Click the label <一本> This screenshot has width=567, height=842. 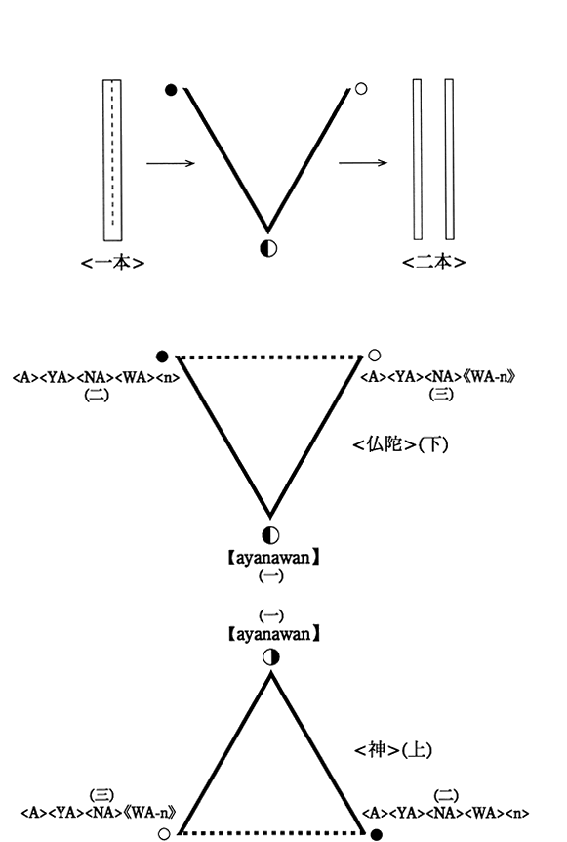112,262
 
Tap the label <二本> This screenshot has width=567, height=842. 433,262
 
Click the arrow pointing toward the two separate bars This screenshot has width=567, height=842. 363,162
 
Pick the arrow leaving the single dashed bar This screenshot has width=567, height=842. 171,163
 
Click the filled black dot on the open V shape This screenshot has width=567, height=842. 171,90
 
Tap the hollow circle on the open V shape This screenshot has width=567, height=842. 361,89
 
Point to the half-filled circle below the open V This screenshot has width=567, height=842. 268,248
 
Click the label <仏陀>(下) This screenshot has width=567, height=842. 400,444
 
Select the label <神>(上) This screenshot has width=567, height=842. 393,749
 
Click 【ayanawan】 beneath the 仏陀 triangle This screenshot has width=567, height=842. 271,558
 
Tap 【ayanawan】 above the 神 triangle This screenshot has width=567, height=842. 271,634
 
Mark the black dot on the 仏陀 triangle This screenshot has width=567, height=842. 162,356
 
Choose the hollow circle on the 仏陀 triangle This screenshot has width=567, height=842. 375,355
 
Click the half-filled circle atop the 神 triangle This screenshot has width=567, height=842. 271,656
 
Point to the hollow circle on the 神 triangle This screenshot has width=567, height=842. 165,834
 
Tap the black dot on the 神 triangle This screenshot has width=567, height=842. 377,834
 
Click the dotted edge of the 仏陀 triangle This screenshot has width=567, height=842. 269,356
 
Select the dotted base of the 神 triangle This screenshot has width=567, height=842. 272,833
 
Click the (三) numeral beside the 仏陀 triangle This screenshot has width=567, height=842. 441,395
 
